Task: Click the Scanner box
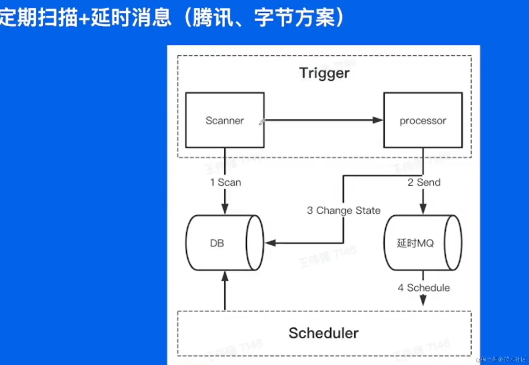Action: click(x=225, y=120)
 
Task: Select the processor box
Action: click(x=423, y=120)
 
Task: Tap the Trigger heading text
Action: click(x=324, y=73)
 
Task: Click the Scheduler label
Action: click(x=323, y=333)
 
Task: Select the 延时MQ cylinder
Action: click(x=422, y=243)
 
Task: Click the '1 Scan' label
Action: click(x=225, y=182)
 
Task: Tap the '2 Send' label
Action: click(x=424, y=182)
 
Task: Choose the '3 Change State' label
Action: click(x=344, y=210)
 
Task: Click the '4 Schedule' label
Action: click(x=424, y=288)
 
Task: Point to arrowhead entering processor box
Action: click(x=378, y=120)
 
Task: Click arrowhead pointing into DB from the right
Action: click(x=270, y=243)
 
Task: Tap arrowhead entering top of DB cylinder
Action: click(x=225, y=209)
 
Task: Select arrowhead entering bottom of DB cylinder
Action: click(x=225, y=276)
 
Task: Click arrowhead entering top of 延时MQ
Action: click(x=423, y=209)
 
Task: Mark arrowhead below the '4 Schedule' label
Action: click(x=423, y=300)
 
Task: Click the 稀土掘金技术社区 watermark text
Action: click(x=503, y=359)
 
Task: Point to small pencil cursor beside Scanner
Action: click(x=262, y=122)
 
